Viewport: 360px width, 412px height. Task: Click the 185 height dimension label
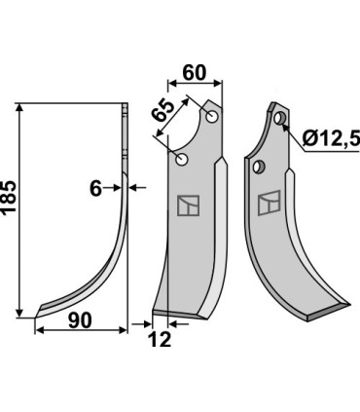click(x=9, y=197)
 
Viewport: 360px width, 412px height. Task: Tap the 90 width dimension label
click(x=80, y=320)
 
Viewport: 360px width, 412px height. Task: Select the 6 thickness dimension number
click(x=95, y=188)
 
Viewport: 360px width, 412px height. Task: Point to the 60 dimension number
click(x=195, y=73)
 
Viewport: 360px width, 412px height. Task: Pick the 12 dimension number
click(x=161, y=340)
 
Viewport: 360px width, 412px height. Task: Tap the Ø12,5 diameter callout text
click(x=331, y=139)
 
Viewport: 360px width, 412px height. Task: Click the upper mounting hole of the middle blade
click(x=212, y=117)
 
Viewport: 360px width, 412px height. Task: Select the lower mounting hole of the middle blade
click(x=182, y=160)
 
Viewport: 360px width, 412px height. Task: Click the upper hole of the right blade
click(x=279, y=118)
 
